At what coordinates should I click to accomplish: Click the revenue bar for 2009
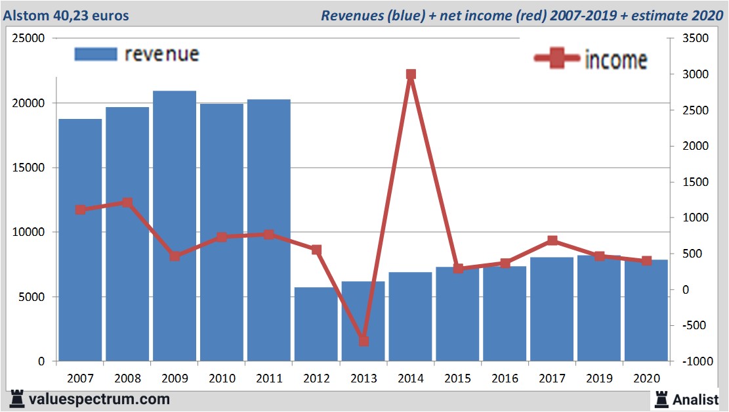175,227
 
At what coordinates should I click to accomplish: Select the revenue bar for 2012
316,325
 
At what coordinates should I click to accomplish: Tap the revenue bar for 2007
80,240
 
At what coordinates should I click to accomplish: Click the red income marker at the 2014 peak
411,75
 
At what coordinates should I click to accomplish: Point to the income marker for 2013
364,341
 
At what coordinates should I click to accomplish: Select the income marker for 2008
127,202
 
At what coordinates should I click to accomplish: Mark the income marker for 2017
552,240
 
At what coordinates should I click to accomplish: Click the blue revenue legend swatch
96,54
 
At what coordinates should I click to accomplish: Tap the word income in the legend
615,60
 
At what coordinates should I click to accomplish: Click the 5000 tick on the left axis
31,297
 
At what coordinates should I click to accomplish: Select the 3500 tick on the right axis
696,39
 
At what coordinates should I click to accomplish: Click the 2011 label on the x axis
269,378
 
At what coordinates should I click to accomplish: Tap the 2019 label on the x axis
599,378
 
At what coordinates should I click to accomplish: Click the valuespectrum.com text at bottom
99,399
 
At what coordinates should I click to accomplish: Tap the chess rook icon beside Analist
661,399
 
